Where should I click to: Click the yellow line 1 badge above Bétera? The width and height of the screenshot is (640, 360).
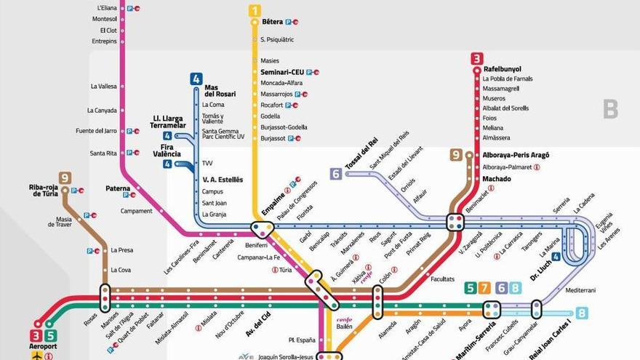pyautogui.click(x=255, y=10)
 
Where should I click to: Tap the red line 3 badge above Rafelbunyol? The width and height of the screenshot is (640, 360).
pyautogui.click(x=476, y=59)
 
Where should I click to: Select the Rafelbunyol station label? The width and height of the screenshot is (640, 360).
pyautogui.click(x=502, y=70)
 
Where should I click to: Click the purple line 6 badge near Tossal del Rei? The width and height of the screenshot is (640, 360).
pyautogui.click(x=335, y=174)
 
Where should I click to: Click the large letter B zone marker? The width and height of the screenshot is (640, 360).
pyautogui.click(x=610, y=110)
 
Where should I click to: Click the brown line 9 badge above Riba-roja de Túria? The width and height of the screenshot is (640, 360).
pyautogui.click(x=65, y=177)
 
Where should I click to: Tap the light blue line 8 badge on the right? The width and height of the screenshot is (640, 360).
pyautogui.click(x=581, y=313)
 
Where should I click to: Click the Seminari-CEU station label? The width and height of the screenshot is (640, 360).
pyautogui.click(x=282, y=72)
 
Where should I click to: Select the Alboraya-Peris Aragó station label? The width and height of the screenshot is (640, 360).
pyautogui.click(x=516, y=155)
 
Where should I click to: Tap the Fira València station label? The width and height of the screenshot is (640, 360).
pyautogui.click(x=167, y=151)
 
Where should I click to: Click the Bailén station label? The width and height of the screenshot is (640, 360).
pyautogui.click(x=345, y=327)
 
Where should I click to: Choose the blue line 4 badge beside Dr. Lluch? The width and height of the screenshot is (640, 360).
pyautogui.click(x=556, y=256)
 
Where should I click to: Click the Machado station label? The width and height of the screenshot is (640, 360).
pyautogui.click(x=497, y=178)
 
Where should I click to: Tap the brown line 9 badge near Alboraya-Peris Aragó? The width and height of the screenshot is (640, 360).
pyautogui.click(x=456, y=154)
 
